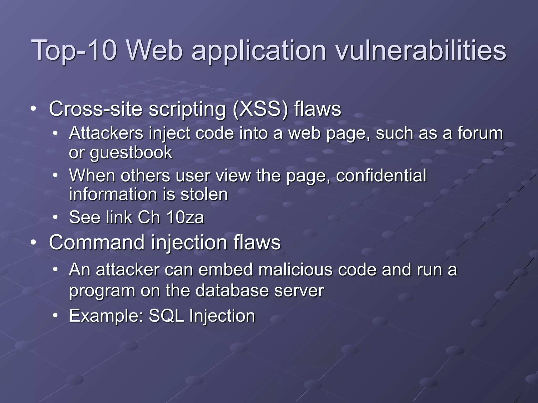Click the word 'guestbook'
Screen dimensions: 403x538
(131, 153)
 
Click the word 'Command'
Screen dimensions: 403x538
(97, 242)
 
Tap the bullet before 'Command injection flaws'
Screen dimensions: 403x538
(33, 242)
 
